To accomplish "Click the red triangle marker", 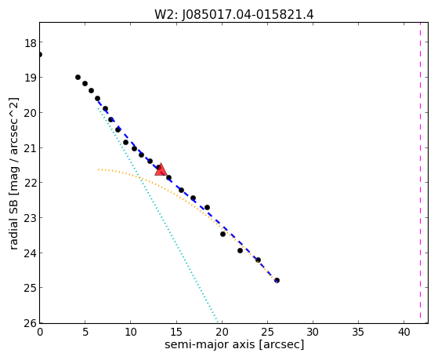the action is click(161, 169).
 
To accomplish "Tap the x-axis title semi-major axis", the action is click(210, 344).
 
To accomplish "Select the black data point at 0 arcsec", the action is click(40, 54).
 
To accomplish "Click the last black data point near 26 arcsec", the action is click(277, 280).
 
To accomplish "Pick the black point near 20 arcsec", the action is click(223, 234).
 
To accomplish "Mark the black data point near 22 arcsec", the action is click(241, 251).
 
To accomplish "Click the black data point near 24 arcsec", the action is click(258, 260).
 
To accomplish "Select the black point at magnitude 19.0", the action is click(78, 77).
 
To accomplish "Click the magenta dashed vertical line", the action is click(420, 173).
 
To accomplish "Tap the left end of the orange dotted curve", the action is click(98, 169).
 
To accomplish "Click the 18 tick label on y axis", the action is click(31, 43).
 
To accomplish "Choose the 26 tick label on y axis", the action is click(31, 323).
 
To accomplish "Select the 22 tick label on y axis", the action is click(31, 183).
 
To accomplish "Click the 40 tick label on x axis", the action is click(404, 332).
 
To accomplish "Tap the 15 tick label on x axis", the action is click(176, 332).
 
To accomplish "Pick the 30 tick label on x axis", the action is click(313, 332).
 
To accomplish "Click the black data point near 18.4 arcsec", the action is click(207, 207).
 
